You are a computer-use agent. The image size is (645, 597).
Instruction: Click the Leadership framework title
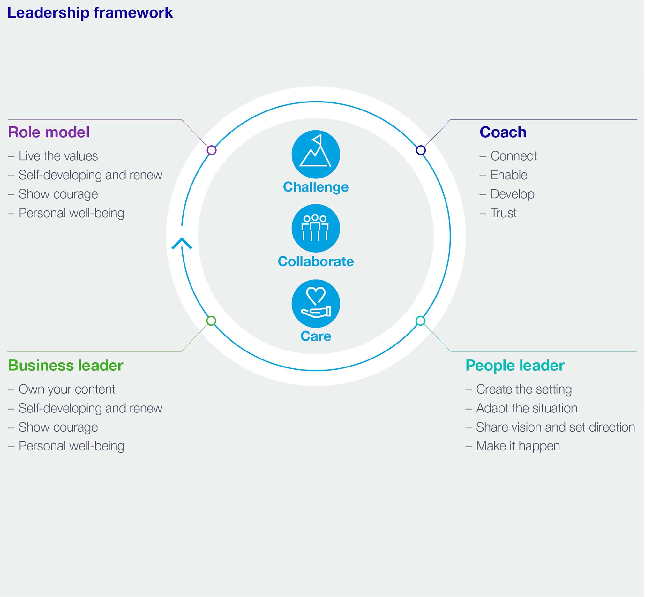point(90,13)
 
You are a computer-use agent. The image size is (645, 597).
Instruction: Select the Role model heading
point(49,132)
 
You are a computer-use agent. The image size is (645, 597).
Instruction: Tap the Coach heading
point(503,132)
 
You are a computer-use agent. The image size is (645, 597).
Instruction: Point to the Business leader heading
point(65,365)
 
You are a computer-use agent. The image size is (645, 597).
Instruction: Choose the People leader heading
point(515,365)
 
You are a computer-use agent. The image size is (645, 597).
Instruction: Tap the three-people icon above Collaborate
point(316,228)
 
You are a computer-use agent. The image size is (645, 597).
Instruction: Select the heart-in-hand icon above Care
point(316,303)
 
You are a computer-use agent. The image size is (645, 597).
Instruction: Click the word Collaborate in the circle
point(316,261)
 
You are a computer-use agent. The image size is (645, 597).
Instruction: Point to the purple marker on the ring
point(212,150)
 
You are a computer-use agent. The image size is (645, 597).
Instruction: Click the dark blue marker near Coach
point(421,150)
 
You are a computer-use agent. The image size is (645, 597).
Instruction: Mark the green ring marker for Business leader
point(211,321)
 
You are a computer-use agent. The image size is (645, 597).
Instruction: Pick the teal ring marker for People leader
point(420,321)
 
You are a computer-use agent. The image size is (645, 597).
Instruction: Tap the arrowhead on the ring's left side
point(182,243)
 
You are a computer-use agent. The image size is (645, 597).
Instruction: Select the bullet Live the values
point(58,156)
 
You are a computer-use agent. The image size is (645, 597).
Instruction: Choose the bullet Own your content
point(66,389)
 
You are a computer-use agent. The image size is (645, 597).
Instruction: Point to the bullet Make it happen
point(518,446)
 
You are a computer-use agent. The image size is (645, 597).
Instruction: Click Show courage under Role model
point(58,194)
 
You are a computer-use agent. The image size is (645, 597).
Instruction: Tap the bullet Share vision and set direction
point(555,427)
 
